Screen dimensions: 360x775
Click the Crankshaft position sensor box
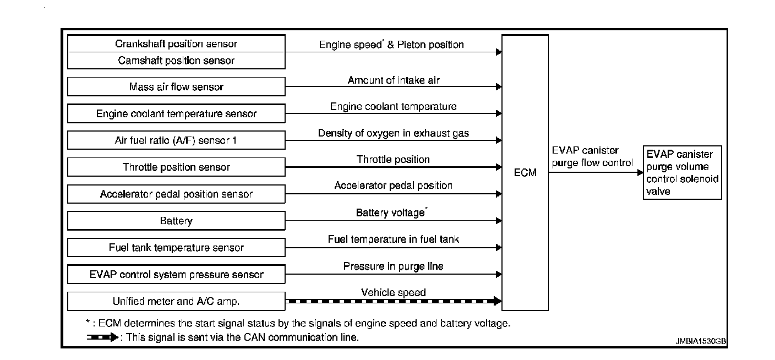(176, 44)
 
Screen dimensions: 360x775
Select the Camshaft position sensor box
(176, 61)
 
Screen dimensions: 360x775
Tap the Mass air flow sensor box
(176, 87)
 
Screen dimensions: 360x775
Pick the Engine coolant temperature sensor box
(176, 114)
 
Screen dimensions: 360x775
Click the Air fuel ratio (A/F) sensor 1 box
(176, 140)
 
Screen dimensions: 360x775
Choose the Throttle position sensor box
(176, 167)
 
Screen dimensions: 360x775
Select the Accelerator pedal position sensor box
(176, 194)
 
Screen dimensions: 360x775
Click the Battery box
(176, 221)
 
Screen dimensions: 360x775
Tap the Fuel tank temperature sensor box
(176, 248)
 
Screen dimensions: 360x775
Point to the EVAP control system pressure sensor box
(176, 275)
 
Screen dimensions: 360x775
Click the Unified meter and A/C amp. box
(176, 302)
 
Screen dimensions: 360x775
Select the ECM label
(525, 173)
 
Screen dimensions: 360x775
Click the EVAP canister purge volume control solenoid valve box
(683, 172)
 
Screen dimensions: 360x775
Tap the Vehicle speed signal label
(393, 292)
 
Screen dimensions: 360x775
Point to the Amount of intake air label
(393, 80)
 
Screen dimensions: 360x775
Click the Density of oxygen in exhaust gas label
(393, 133)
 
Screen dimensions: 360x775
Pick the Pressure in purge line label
(393, 266)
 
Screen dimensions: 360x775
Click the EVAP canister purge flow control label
(592, 156)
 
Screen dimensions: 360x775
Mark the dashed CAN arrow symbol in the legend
(102, 337)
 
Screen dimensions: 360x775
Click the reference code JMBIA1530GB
(700, 341)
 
